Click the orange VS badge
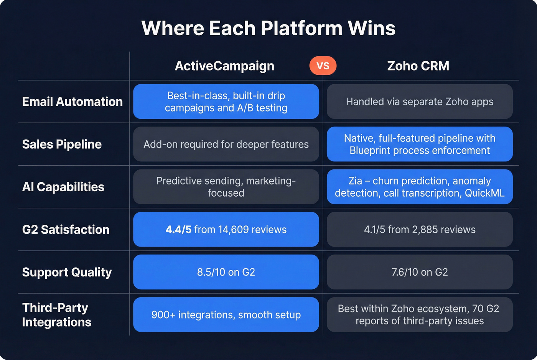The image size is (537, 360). click(323, 66)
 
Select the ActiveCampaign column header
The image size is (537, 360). click(224, 66)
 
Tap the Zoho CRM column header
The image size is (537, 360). click(418, 66)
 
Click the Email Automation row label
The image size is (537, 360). click(72, 102)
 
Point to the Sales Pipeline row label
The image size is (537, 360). click(62, 144)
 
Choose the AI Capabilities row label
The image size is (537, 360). click(63, 187)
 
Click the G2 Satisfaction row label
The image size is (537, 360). click(66, 229)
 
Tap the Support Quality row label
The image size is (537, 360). click(67, 272)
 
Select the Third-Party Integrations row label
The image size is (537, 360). click(56, 315)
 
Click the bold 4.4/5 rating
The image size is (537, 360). click(178, 229)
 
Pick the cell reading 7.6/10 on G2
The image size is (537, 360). click(420, 272)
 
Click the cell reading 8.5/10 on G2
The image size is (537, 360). click(226, 272)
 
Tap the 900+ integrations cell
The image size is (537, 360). click(226, 315)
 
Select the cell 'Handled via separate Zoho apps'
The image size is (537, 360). click(420, 102)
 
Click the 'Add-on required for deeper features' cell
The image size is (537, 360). click(226, 144)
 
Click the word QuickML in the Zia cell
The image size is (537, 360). click(484, 193)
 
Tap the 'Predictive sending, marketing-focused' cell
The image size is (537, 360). click(226, 187)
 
